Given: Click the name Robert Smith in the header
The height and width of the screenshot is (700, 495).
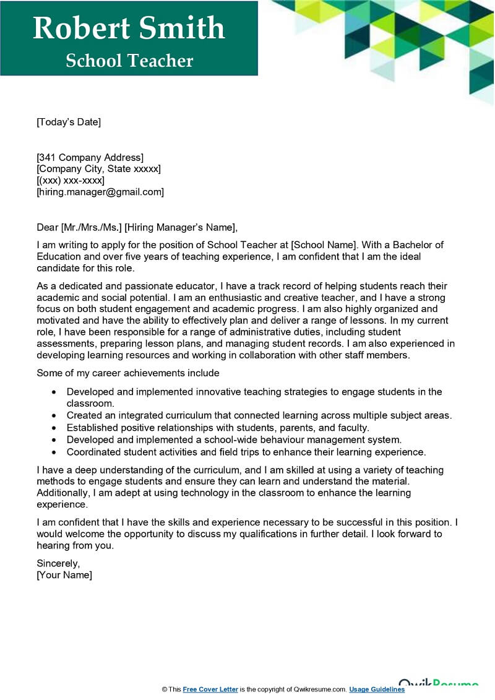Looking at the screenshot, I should pyautogui.click(x=129, y=28).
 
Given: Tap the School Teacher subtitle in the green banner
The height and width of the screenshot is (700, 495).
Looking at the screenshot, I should pyautogui.click(x=129, y=61).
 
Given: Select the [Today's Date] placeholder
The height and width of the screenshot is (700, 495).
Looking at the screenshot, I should pyautogui.click(x=68, y=122).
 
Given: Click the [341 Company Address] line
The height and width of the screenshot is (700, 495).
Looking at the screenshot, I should pyautogui.click(x=90, y=157).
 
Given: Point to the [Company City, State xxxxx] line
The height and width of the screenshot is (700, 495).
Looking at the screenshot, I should pyautogui.click(x=98, y=169).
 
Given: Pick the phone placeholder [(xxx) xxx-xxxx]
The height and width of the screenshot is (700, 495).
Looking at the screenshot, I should pyautogui.click(x=71, y=181).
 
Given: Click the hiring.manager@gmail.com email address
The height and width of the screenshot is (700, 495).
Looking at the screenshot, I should pyautogui.click(x=100, y=192).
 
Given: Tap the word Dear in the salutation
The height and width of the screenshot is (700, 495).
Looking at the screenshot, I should pyautogui.click(x=48, y=227).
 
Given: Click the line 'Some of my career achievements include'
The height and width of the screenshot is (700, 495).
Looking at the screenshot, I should pyautogui.click(x=128, y=373).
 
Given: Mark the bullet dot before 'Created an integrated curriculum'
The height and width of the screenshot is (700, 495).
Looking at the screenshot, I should pyautogui.click(x=54, y=416).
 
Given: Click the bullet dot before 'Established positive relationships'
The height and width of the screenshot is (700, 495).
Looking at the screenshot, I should pyautogui.click(x=54, y=428).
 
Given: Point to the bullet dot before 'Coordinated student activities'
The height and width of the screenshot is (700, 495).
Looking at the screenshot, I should pyautogui.click(x=54, y=452).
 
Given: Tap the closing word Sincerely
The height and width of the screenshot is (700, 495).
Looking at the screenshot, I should pyautogui.click(x=58, y=563).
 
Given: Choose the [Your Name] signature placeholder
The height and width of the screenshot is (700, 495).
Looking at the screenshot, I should pyautogui.click(x=64, y=575).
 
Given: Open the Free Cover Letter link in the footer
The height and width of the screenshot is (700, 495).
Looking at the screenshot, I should pyautogui.click(x=210, y=689).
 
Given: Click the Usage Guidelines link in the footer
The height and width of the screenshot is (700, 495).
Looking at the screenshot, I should pyautogui.click(x=377, y=689).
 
